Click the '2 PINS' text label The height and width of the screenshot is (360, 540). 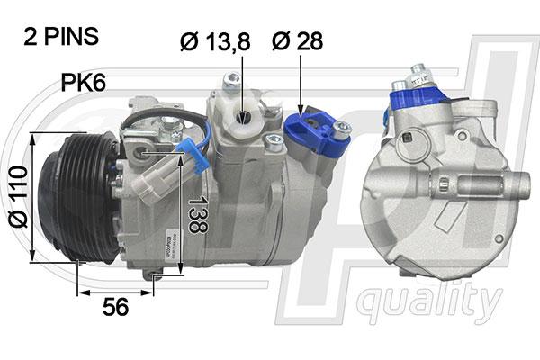[x=61, y=37]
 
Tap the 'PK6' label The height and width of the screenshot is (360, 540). [x=84, y=82]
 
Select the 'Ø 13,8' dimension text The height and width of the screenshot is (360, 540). [x=215, y=41]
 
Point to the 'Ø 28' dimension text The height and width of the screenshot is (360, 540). [x=298, y=41]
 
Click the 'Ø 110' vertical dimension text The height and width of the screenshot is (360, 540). [x=18, y=197]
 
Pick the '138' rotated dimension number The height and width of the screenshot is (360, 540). [x=198, y=213]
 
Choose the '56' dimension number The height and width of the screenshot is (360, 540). [x=116, y=307]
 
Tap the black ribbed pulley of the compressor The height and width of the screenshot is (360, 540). [x=79, y=198]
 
